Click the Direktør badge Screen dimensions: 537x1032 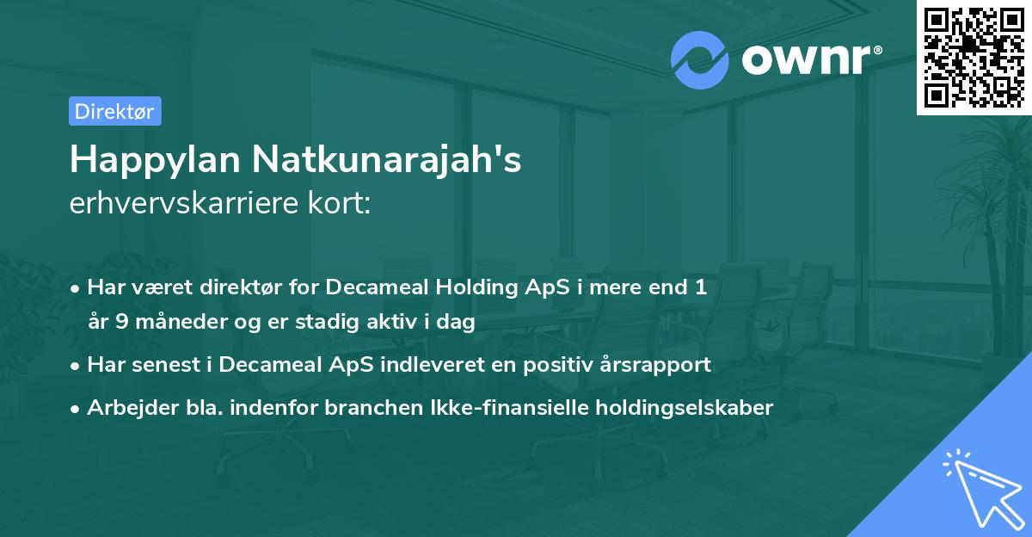point(114,111)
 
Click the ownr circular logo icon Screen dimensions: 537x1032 point(698,60)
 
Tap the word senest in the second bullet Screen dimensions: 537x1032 point(162,365)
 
